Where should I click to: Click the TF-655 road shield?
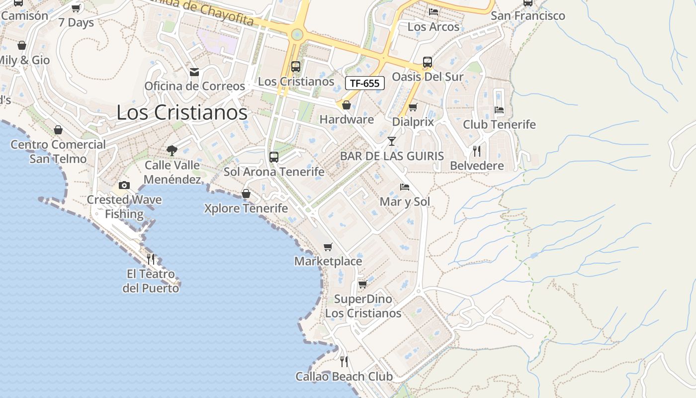coord(365,83)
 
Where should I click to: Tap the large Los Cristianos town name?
coord(182,112)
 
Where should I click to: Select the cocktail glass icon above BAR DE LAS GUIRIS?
coord(392,141)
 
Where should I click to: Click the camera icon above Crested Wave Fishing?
coord(124,186)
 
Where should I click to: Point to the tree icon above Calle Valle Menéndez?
coord(172,150)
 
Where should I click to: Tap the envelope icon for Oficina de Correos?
coord(194,72)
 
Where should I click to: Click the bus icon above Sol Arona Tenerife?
coord(273,157)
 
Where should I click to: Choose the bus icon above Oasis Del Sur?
coord(427,63)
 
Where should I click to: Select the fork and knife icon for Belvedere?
coord(477,151)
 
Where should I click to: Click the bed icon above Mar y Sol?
coord(405,188)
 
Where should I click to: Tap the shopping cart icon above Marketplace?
coord(328,247)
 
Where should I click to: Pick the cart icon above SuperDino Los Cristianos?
coord(363,285)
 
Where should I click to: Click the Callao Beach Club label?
coord(344,377)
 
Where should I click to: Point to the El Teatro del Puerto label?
coord(151,281)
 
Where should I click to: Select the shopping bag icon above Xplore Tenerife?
coord(246,194)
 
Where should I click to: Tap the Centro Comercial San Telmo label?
coord(58,152)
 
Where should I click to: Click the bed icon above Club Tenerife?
coord(499,110)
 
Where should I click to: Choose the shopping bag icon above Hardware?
coord(347,105)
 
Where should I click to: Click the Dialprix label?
coord(413,122)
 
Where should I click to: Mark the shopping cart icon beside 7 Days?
coord(76,8)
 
